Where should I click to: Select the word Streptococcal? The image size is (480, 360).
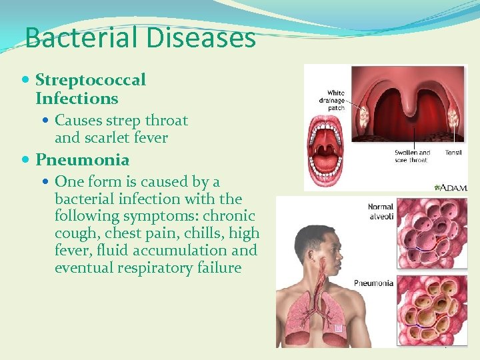pyautogui.click(x=91, y=80)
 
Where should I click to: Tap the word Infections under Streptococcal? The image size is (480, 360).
pyautogui.click(x=77, y=99)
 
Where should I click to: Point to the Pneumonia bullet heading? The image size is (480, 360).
pyautogui.click(x=83, y=160)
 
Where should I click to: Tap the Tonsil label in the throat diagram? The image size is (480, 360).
pyautogui.click(x=453, y=153)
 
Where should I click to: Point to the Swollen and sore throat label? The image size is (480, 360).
pyautogui.click(x=413, y=156)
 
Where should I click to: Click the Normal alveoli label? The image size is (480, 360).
pyautogui.click(x=381, y=211)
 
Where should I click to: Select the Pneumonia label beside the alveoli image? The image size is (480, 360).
pyautogui.click(x=374, y=283)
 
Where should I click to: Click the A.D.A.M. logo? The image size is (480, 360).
pyautogui.click(x=451, y=188)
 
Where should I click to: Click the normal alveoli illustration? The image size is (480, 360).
pyautogui.click(x=431, y=233)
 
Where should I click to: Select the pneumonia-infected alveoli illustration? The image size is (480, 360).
pyautogui.click(x=431, y=309)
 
